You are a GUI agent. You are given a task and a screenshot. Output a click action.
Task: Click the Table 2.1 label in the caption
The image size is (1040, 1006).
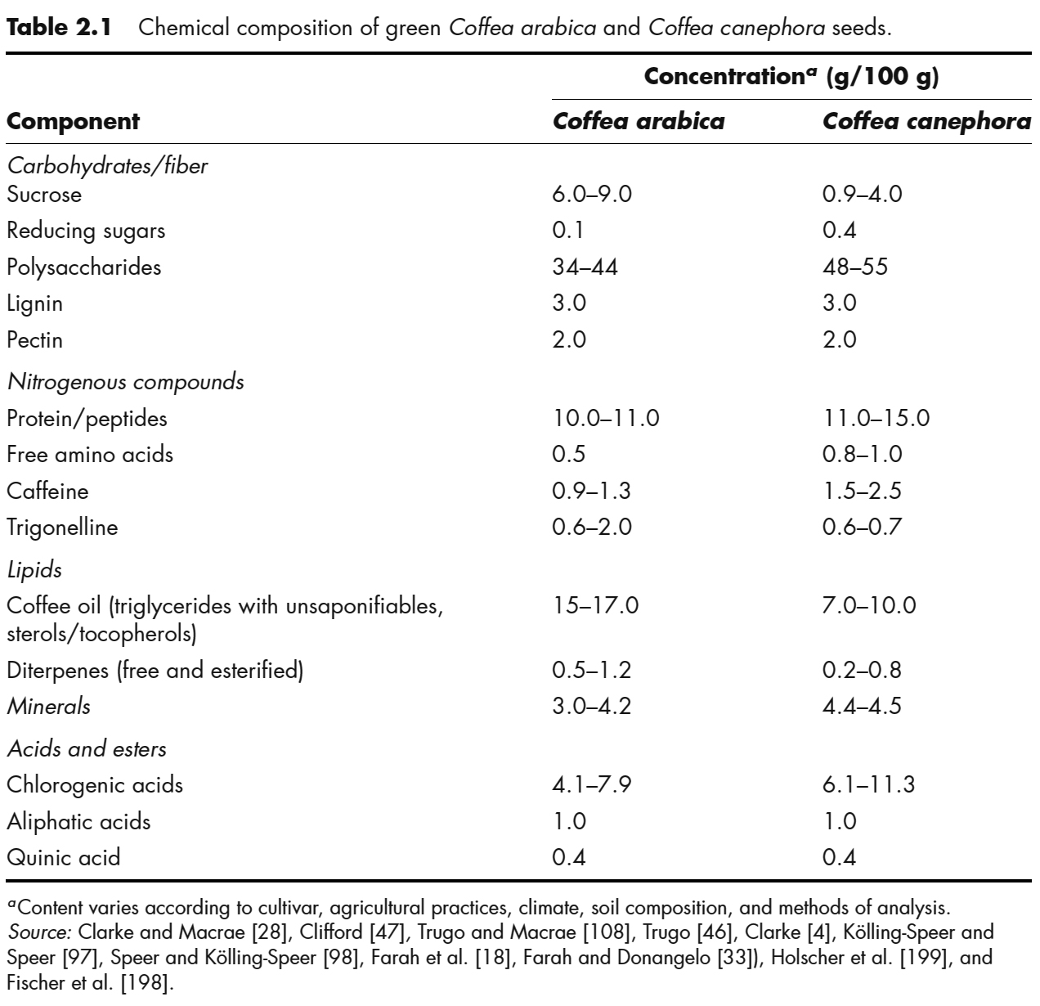63,28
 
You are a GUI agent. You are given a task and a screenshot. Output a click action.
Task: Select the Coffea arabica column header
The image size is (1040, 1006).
639,122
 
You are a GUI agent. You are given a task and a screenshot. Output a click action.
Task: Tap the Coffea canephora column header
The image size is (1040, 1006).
926,122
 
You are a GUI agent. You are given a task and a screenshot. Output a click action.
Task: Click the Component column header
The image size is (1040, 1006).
73,122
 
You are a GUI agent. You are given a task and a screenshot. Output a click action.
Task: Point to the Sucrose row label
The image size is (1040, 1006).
44,195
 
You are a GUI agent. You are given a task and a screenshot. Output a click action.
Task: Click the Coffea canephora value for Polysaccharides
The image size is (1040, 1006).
854,267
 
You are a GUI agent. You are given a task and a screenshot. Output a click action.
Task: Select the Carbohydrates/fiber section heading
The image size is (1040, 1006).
107,166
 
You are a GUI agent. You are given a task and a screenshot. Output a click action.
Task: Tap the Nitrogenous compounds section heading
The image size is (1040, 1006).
125,382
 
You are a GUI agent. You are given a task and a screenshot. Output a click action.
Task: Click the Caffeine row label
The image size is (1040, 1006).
47,491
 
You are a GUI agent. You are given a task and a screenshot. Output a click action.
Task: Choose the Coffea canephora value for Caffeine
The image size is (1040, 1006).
862,491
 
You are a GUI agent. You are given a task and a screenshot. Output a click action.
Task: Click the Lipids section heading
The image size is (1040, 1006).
34,570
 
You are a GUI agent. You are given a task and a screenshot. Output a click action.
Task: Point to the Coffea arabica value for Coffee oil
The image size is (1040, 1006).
595,606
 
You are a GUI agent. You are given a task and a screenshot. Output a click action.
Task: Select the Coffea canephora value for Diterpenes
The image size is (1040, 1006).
862,671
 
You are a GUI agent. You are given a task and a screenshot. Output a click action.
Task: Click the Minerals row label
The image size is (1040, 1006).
48,707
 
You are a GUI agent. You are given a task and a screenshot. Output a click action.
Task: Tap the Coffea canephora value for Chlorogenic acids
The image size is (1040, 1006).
868,785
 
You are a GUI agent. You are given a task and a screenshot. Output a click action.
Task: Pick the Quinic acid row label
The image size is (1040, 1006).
63,857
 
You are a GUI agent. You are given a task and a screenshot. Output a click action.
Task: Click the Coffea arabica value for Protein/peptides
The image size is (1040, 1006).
606,419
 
